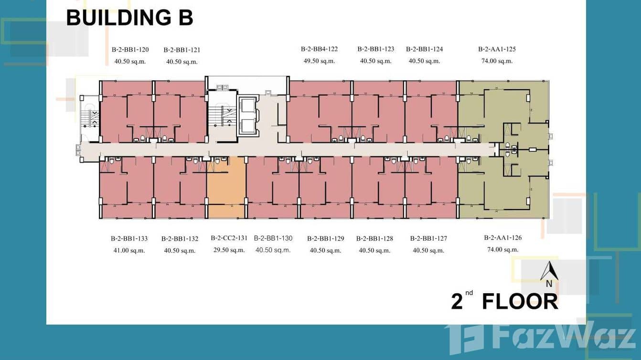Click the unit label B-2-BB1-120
[x=130, y=50]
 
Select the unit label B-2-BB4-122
[x=319, y=49]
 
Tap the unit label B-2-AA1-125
[x=497, y=49]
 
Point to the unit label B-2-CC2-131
[x=229, y=238]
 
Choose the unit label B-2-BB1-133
[x=129, y=238]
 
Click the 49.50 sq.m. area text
[x=319, y=61]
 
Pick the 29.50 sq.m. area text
[x=229, y=250]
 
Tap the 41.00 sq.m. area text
[x=129, y=251]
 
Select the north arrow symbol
[x=549, y=271]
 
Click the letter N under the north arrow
[x=549, y=284]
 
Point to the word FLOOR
[x=520, y=301]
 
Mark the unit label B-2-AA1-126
[x=503, y=238]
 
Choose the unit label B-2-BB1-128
[x=374, y=238]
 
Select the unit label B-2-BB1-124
[x=424, y=49]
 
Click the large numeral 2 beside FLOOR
[x=457, y=301]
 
